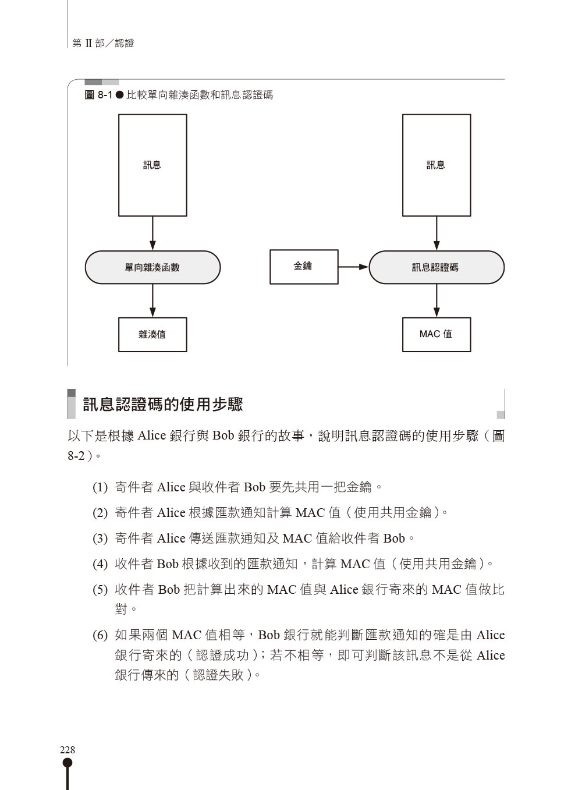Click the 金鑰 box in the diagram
coord(304,267)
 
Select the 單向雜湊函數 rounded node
coord(152,267)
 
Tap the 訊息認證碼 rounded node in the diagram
coord(436,267)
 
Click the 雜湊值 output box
coord(152,334)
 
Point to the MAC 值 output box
coord(436,334)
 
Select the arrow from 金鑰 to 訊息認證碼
coord(354,267)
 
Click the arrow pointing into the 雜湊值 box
coord(152,300)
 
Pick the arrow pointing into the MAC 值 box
coord(436,300)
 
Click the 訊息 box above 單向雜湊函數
coord(152,165)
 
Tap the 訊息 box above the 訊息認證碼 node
coord(436,165)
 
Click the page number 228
coord(68,749)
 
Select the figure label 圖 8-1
coord(98,95)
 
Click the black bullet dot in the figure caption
coord(120,95)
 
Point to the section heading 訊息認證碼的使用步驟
coord(163,404)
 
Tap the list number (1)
coord(100,487)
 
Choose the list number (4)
coord(100,564)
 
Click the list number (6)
coord(100,635)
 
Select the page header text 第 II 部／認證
coord(103,43)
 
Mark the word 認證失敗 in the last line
coord(219,675)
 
